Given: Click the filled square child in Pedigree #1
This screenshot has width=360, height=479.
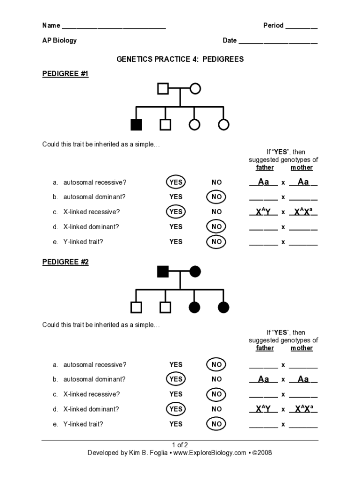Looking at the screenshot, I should click(x=136, y=124).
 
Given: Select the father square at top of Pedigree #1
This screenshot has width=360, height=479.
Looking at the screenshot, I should click(x=163, y=88).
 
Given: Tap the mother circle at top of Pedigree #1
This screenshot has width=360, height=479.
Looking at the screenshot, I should click(x=195, y=88).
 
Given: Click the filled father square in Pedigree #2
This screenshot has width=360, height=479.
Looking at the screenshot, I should click(x=163, y=271).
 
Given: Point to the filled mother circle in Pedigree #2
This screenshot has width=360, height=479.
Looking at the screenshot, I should click(x=195, y=271).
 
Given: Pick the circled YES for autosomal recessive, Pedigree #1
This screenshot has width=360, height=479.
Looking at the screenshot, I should click(x=176, y=182).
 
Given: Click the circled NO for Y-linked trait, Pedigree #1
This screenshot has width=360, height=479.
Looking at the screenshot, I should click(x=216, y=242).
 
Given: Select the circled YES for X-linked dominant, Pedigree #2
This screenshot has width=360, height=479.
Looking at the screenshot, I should click(x=176, y=409).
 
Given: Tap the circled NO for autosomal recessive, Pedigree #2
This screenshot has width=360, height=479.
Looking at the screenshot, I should click(x=216, y=364).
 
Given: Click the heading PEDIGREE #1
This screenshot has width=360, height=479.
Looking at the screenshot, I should click(x=65, y=74).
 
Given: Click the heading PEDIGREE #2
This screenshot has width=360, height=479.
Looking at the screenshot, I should click(x=65, y=262).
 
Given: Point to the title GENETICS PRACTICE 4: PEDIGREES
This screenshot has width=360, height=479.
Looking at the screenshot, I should click(x=180, y=59).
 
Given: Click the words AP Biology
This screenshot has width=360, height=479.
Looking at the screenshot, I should click(x=59, y=40).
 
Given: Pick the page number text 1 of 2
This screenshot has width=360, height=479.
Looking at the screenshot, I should click(x=180, y=445).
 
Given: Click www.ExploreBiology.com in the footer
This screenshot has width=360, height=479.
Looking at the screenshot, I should click(x=209, y=453).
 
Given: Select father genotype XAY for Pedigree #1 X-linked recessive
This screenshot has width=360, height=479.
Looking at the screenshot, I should click(x=263, y=212).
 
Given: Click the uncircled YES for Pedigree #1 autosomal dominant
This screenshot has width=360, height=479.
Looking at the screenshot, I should click(x=176, y=197).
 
